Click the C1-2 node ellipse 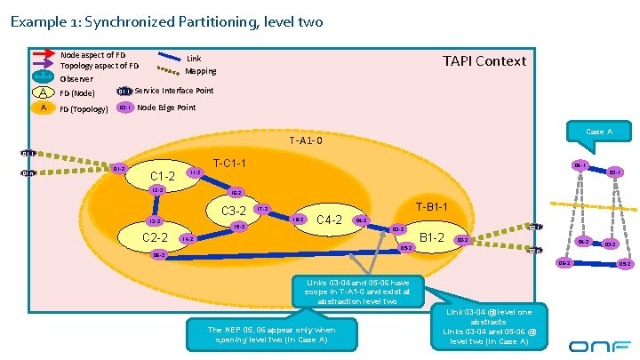(x=163, y=176)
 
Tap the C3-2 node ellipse (x=233, y=211)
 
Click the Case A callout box (x=599, y=132)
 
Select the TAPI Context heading (x=484, y=61)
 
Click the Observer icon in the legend (x=43, y=77)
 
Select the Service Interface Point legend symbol (x=124, y=91)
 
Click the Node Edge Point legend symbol (x=124, y=108)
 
